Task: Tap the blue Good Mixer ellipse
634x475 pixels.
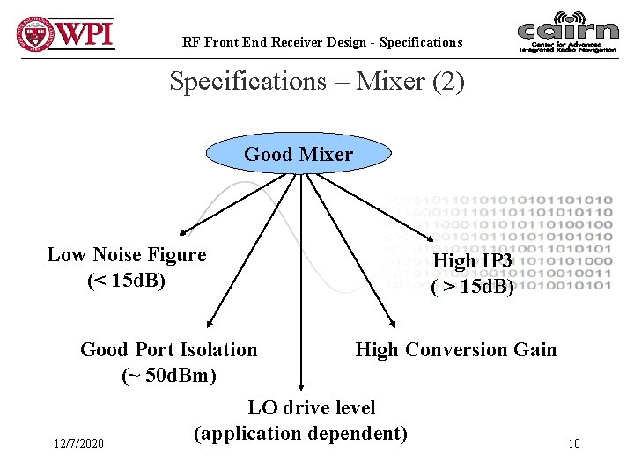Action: coord(298,155)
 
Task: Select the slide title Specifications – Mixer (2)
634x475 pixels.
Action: coord(316,82)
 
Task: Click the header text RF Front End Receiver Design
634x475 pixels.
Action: coord(321,42)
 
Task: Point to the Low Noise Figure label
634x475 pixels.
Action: coord(127,255)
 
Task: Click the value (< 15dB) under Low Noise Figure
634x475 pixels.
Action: coord(127,281)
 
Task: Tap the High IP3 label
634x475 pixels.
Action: coord(474,261)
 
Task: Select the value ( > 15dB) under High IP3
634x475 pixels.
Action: coord(473,288)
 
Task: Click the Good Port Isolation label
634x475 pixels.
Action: coord(169,350)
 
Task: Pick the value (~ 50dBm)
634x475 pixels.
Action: coord(169,376)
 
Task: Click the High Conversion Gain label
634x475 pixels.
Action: coord(456,350)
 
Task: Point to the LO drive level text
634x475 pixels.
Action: coord(312,408)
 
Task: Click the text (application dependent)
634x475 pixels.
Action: coord(300,434)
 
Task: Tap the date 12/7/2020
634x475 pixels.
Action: coord(78,443)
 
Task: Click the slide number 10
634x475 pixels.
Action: coord(574,443)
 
